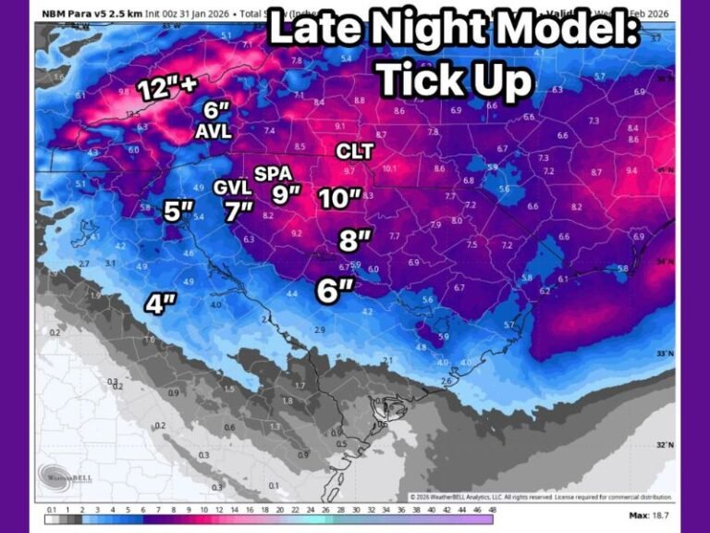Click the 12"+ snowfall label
click(167, 90)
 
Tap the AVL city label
click(213, 132)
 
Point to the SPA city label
click(274, 173)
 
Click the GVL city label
click(232, 187)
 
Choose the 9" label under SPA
click(287, 194)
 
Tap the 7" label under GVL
click(239, 211)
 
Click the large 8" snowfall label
click(354, 241)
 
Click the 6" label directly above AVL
click(217, 110)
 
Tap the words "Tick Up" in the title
click(455, 81)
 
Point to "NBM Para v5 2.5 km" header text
click(91, 14)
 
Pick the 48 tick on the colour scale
click(492, 509)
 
